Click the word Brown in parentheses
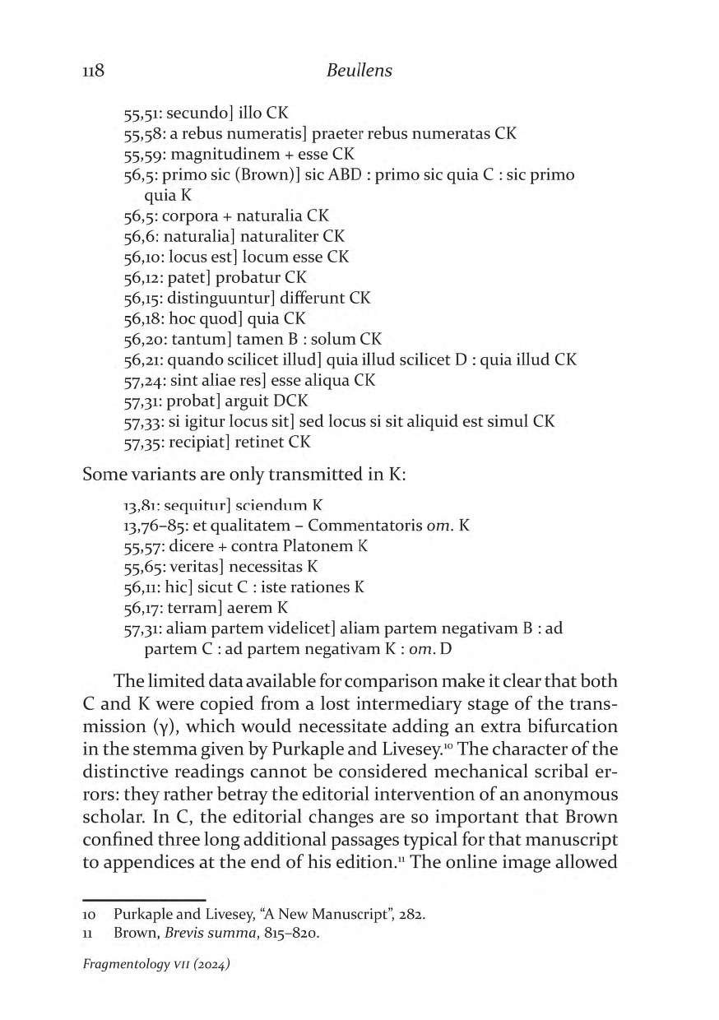(x=284, y=175)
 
